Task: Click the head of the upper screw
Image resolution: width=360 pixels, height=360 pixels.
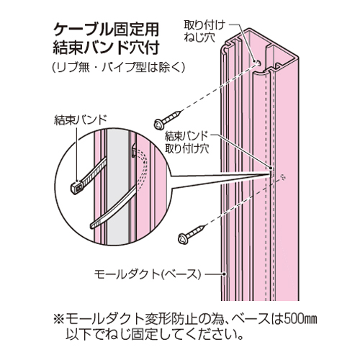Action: [158, 124]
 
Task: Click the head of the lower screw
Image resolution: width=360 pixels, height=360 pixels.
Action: [183, 238]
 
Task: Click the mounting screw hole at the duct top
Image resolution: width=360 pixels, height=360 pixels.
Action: [258, 63]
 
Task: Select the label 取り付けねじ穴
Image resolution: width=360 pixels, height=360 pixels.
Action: [204, 32]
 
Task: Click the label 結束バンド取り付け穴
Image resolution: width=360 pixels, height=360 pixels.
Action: [186, 143]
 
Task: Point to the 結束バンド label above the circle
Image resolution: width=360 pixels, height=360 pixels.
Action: [81, 120]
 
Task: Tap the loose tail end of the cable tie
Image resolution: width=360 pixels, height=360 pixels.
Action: [93, 225]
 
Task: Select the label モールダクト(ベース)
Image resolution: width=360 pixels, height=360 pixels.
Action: [147, 274]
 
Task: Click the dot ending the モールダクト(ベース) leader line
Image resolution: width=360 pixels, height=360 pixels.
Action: [224, 274]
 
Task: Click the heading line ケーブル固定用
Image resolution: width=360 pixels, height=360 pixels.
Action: [106, 30]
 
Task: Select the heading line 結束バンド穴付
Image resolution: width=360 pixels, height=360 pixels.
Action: [106, 48]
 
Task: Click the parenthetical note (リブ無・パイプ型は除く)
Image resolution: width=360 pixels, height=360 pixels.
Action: [119, 68]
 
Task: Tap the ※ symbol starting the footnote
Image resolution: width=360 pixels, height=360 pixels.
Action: [59, 320]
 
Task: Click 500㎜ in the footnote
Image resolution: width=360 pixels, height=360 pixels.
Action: [300, 319]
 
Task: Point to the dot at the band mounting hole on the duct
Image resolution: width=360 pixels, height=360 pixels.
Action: [271, 168]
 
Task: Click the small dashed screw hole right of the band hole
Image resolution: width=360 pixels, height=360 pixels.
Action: [283, 177]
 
